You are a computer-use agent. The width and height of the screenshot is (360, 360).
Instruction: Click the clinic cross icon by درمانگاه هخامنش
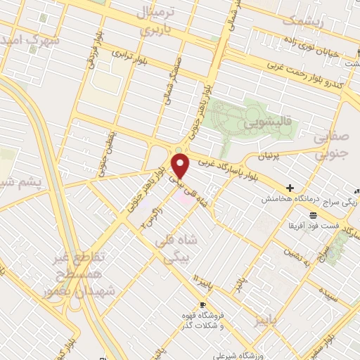(290, 188)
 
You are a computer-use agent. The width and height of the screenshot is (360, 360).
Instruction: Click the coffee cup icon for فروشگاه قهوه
(203, 305)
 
